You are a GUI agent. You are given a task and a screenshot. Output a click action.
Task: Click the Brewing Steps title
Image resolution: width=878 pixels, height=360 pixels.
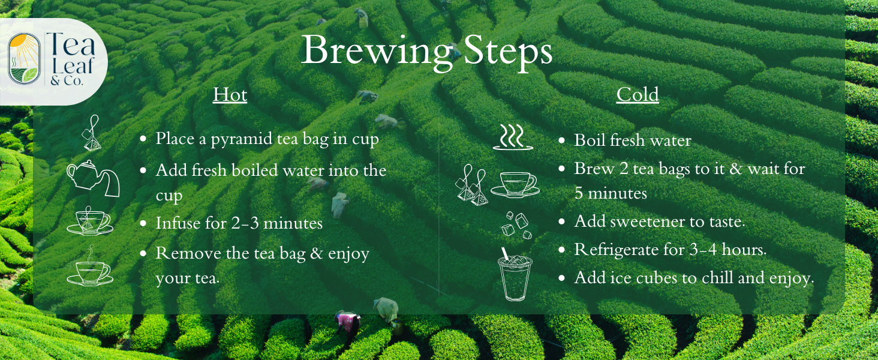pos(426,52)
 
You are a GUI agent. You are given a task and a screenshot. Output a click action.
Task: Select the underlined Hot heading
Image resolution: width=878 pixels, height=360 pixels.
pos(230,95)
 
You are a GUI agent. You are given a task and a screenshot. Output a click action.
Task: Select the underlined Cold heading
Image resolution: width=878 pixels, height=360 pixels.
pos(638,95)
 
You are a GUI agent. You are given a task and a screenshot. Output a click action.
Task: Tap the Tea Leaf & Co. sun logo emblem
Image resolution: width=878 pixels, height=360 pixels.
pos(24,59)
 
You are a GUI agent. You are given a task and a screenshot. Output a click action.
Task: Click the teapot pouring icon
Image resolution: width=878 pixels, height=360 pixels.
pos(93,178)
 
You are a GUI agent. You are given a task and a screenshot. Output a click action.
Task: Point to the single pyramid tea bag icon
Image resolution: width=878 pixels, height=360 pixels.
pos(91,133)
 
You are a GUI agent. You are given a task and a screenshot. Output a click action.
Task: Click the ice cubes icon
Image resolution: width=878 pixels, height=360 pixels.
pos(515,225)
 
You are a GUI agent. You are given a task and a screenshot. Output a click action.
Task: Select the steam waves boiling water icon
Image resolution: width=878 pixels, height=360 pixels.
pos(513,137)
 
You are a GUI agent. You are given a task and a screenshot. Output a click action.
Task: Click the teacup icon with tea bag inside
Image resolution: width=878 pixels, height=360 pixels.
pos(89,221)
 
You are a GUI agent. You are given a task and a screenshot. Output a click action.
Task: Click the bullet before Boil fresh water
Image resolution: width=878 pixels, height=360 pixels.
pos(561,141)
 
